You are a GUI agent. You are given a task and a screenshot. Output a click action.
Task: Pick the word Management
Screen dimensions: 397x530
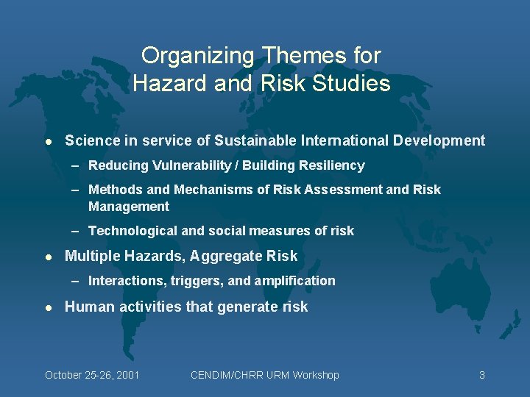(128, 207)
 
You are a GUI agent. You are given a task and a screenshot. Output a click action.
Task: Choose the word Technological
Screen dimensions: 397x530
(132, 231)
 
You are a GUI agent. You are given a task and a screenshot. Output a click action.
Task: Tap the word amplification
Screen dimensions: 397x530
(296, 281)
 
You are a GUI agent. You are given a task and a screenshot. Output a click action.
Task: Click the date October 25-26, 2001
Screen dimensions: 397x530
(92, 375)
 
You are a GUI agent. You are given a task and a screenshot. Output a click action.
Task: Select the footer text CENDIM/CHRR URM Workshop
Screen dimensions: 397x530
(264, 375)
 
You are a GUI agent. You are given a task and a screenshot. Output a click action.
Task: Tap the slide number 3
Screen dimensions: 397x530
(481, 375)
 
